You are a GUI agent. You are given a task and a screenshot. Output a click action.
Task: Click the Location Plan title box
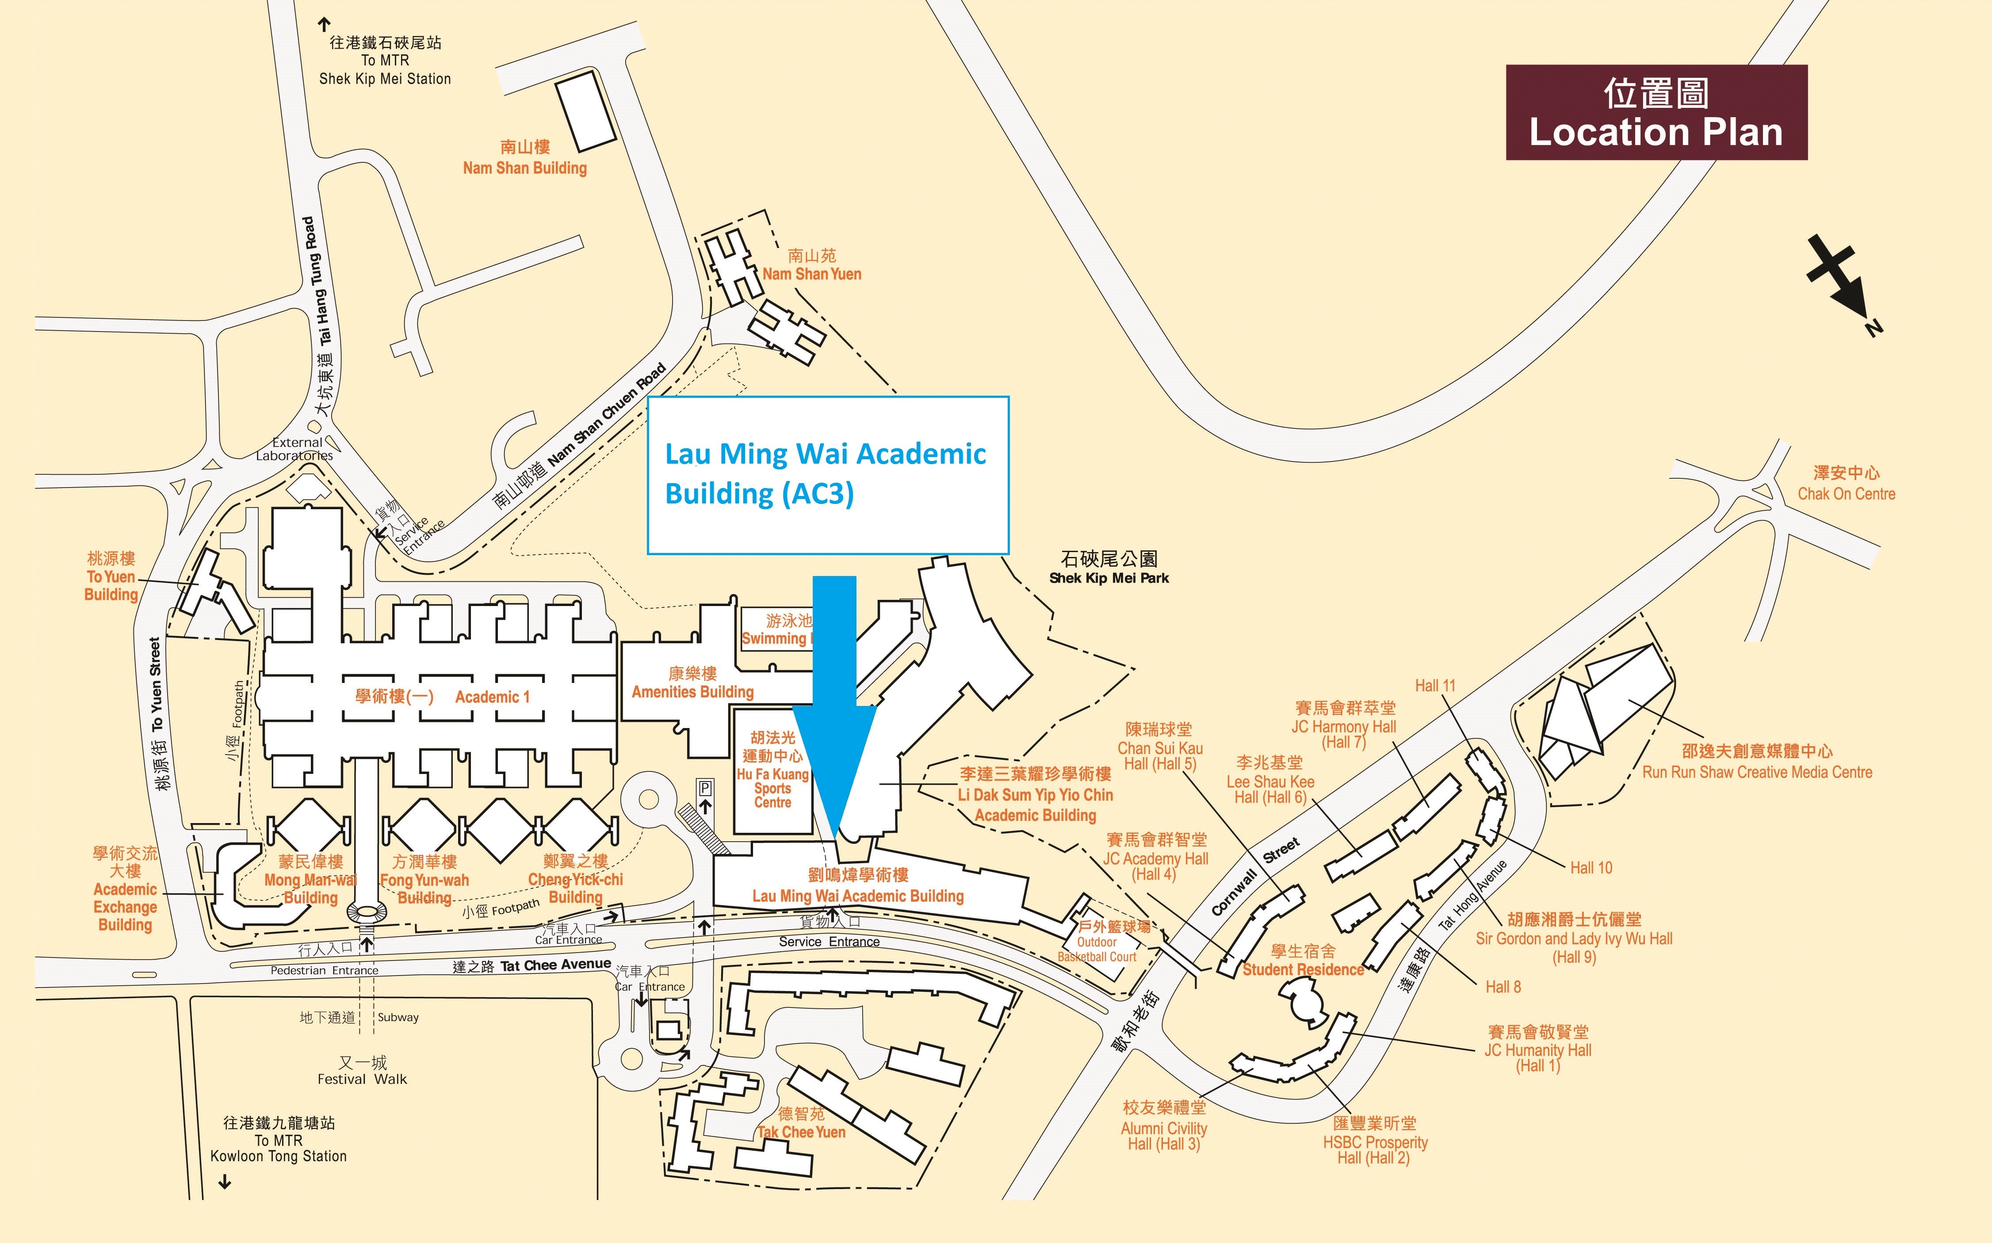1656,113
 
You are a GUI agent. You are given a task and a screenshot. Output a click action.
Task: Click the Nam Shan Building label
524,158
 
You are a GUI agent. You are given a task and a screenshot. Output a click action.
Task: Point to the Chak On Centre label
1846,484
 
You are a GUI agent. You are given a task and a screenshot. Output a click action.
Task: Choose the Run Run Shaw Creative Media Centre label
1757,762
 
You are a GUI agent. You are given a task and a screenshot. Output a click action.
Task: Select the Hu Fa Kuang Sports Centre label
773,770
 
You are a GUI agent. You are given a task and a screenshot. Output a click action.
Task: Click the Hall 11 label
1434,686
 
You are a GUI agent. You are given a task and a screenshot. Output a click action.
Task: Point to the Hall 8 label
1503,987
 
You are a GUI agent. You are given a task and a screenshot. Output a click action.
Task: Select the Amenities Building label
692,683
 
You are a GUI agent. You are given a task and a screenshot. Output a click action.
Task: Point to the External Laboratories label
295,449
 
